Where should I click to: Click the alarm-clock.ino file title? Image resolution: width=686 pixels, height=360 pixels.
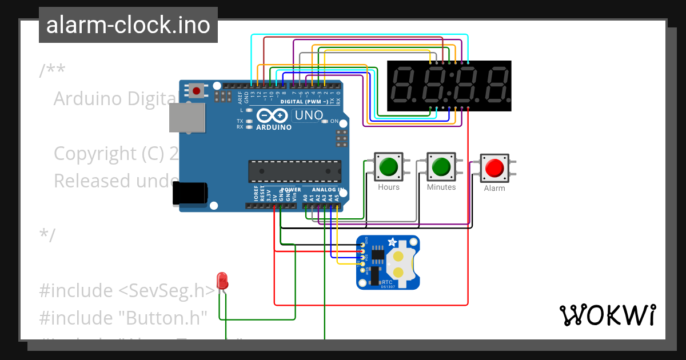point(128,25)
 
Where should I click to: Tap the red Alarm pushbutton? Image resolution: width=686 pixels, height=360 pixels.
point(494,167)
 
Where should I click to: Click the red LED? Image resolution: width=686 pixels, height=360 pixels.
point(222,281)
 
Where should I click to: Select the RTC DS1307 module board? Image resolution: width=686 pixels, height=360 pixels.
point(388,262)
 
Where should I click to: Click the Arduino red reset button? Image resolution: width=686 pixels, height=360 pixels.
point(198,90)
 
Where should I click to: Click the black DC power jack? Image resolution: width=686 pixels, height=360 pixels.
point(190,193)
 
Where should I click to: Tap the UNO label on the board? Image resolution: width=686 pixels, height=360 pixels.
point(308,115)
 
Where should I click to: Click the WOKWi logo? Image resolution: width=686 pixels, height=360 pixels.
point(607,315)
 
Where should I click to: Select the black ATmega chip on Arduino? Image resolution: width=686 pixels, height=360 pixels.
point(294,171)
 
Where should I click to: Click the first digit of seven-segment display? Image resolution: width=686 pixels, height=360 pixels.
point(405,85)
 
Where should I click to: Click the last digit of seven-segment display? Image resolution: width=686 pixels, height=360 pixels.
point(494,85)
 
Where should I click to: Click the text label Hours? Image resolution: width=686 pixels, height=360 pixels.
point(389,187)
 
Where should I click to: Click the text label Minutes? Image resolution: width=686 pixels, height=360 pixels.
point(441,187)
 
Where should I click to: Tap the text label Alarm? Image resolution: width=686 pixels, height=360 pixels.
point(494,188)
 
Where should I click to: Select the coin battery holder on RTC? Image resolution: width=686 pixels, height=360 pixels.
point(400,263)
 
